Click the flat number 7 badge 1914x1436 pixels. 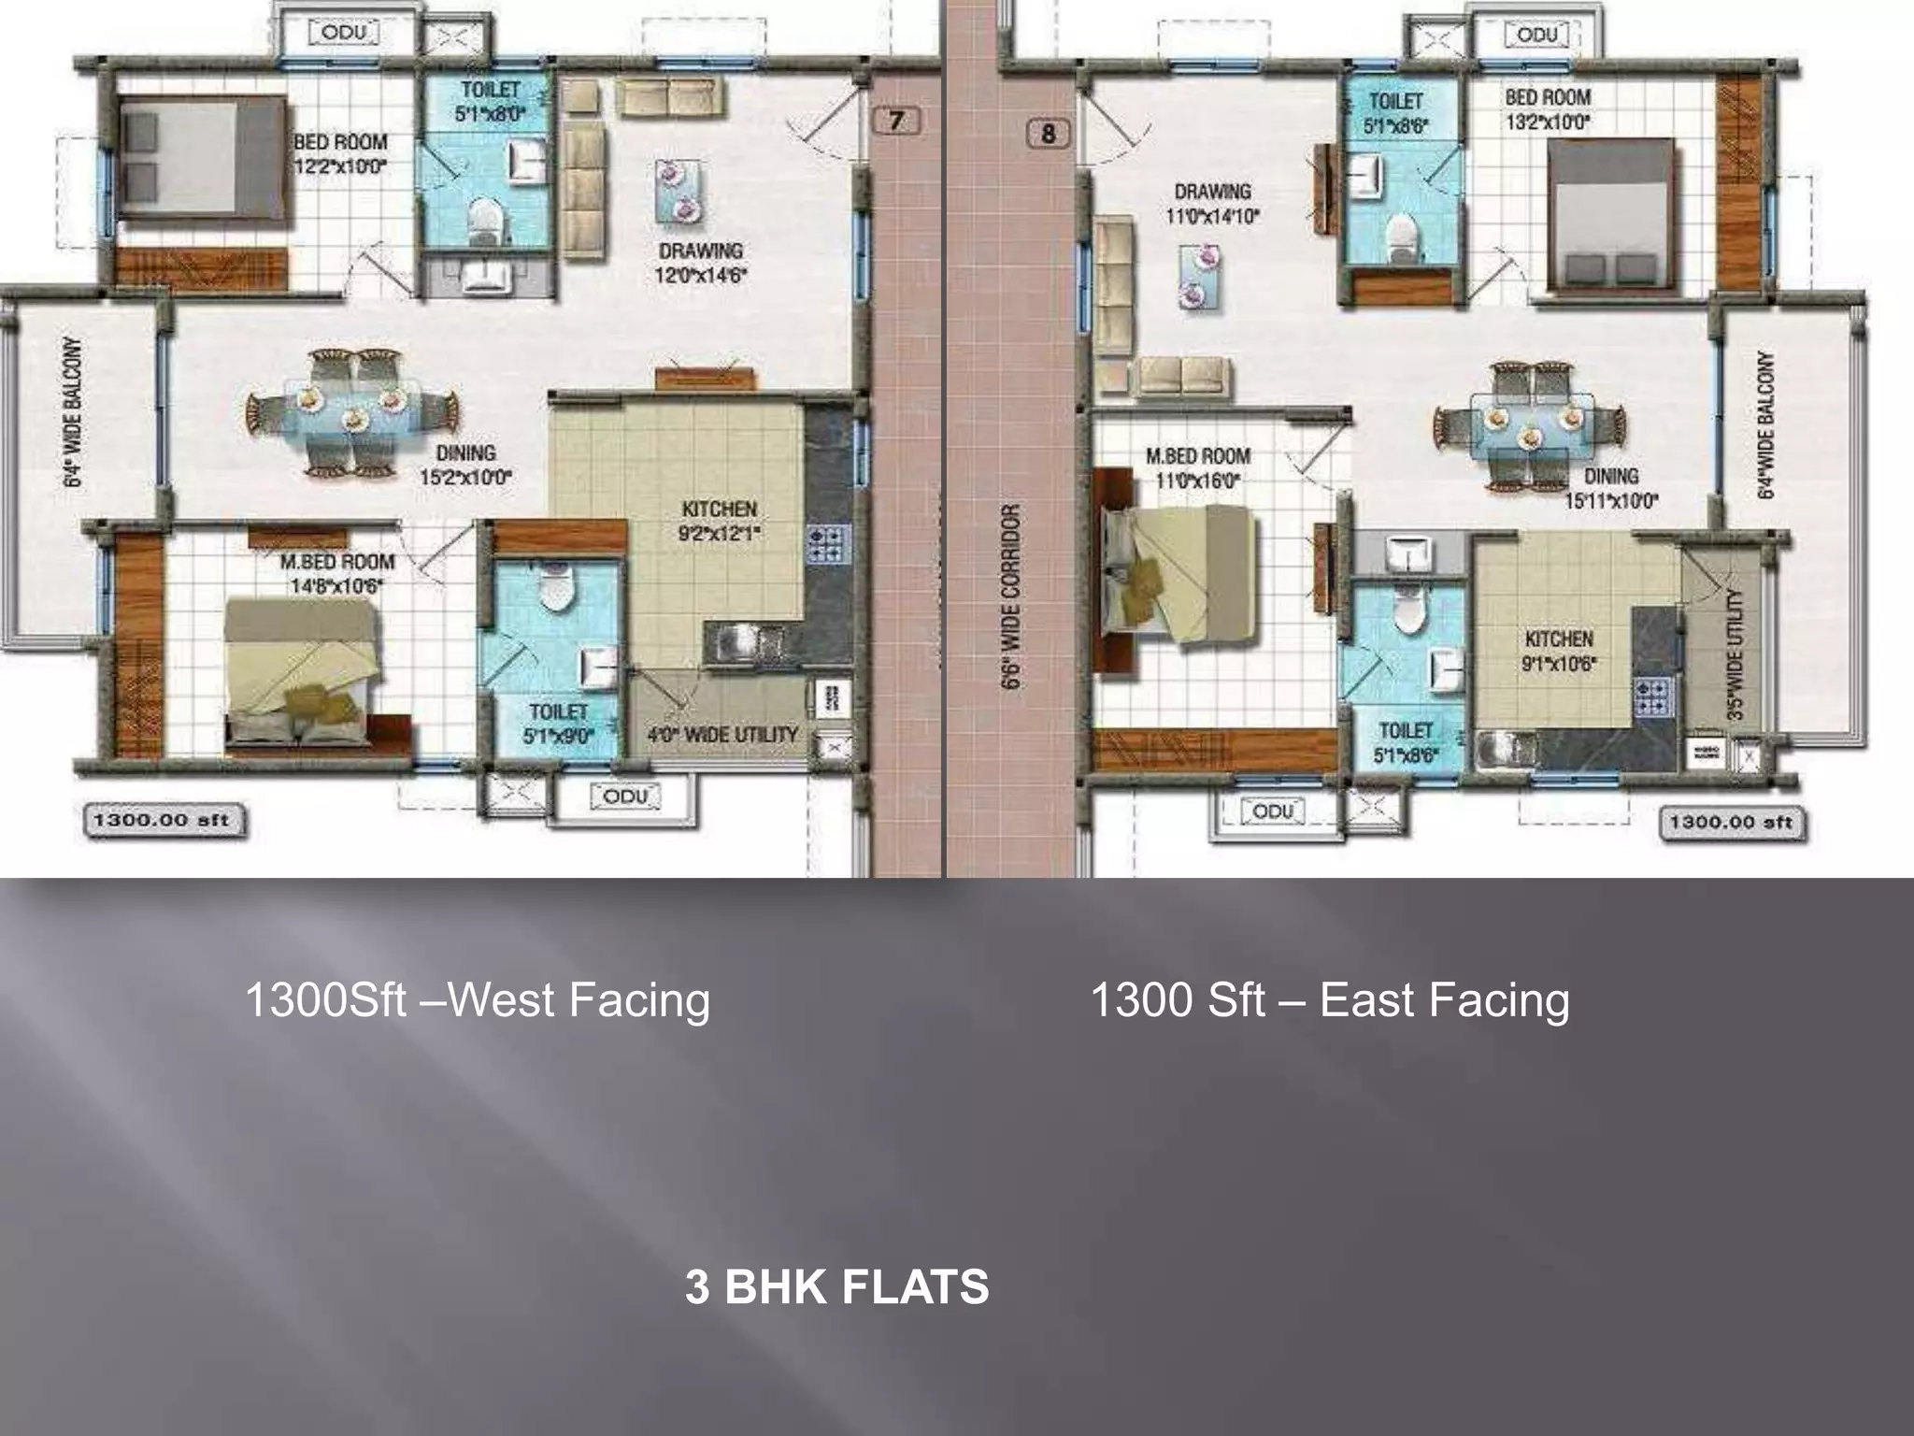(x=896, y=121)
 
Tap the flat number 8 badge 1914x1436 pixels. (x=1048, y=134)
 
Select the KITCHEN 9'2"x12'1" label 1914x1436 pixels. (x=719, y=521)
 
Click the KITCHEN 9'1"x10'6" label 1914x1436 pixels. (x=1559, y=651)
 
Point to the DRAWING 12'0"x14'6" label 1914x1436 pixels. (x=700, y=263)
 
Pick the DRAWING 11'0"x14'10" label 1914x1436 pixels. (x=1212, y=203)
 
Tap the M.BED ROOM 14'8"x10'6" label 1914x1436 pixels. (x=336, y=573)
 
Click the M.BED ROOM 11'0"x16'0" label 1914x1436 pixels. (x=1197, y=467)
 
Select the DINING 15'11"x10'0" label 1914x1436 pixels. (x=1611, y=488)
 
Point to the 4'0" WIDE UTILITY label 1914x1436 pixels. (x=722, y=735)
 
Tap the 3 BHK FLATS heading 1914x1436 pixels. (x=836, y=1286)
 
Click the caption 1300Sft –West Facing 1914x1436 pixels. (x=477, y=999)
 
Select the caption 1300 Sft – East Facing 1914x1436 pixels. (x=1329, y=999)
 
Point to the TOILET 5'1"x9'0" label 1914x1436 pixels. (x=558, y=724)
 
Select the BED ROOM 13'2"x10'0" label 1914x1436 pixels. (x=1547, y=108)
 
